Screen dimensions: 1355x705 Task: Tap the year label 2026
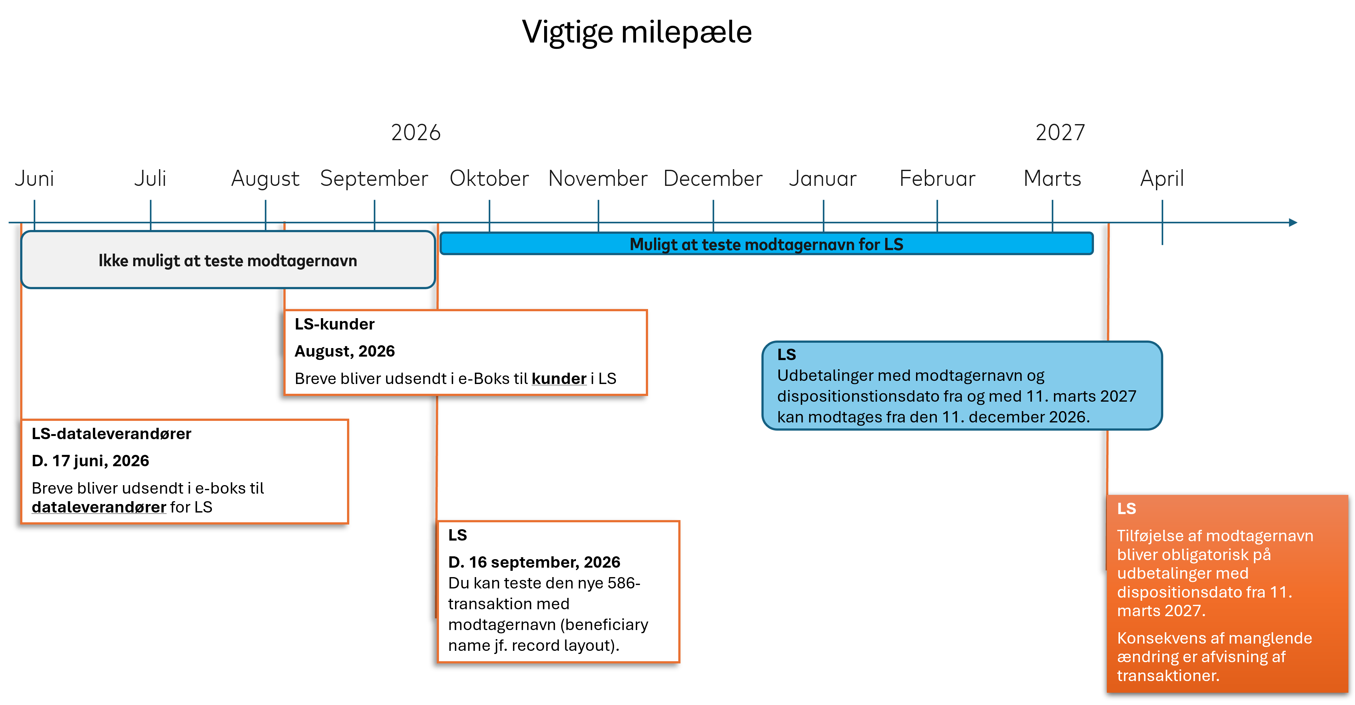(416, 133)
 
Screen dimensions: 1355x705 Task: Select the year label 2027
(1060, 133)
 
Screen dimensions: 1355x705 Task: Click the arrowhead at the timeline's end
(1293, 222)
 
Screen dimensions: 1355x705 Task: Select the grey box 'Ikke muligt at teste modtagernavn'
(228, 260)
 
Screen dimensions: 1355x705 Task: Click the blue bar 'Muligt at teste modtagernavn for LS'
(766, 244)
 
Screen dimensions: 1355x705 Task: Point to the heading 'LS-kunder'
(334, 324)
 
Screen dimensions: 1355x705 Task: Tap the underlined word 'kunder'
(559, 379)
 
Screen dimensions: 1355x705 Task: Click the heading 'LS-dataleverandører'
(111, 434)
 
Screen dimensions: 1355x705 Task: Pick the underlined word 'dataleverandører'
(99, 507)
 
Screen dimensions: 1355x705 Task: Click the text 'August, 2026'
(344, 352)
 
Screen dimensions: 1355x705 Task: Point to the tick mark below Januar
(823, 216)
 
